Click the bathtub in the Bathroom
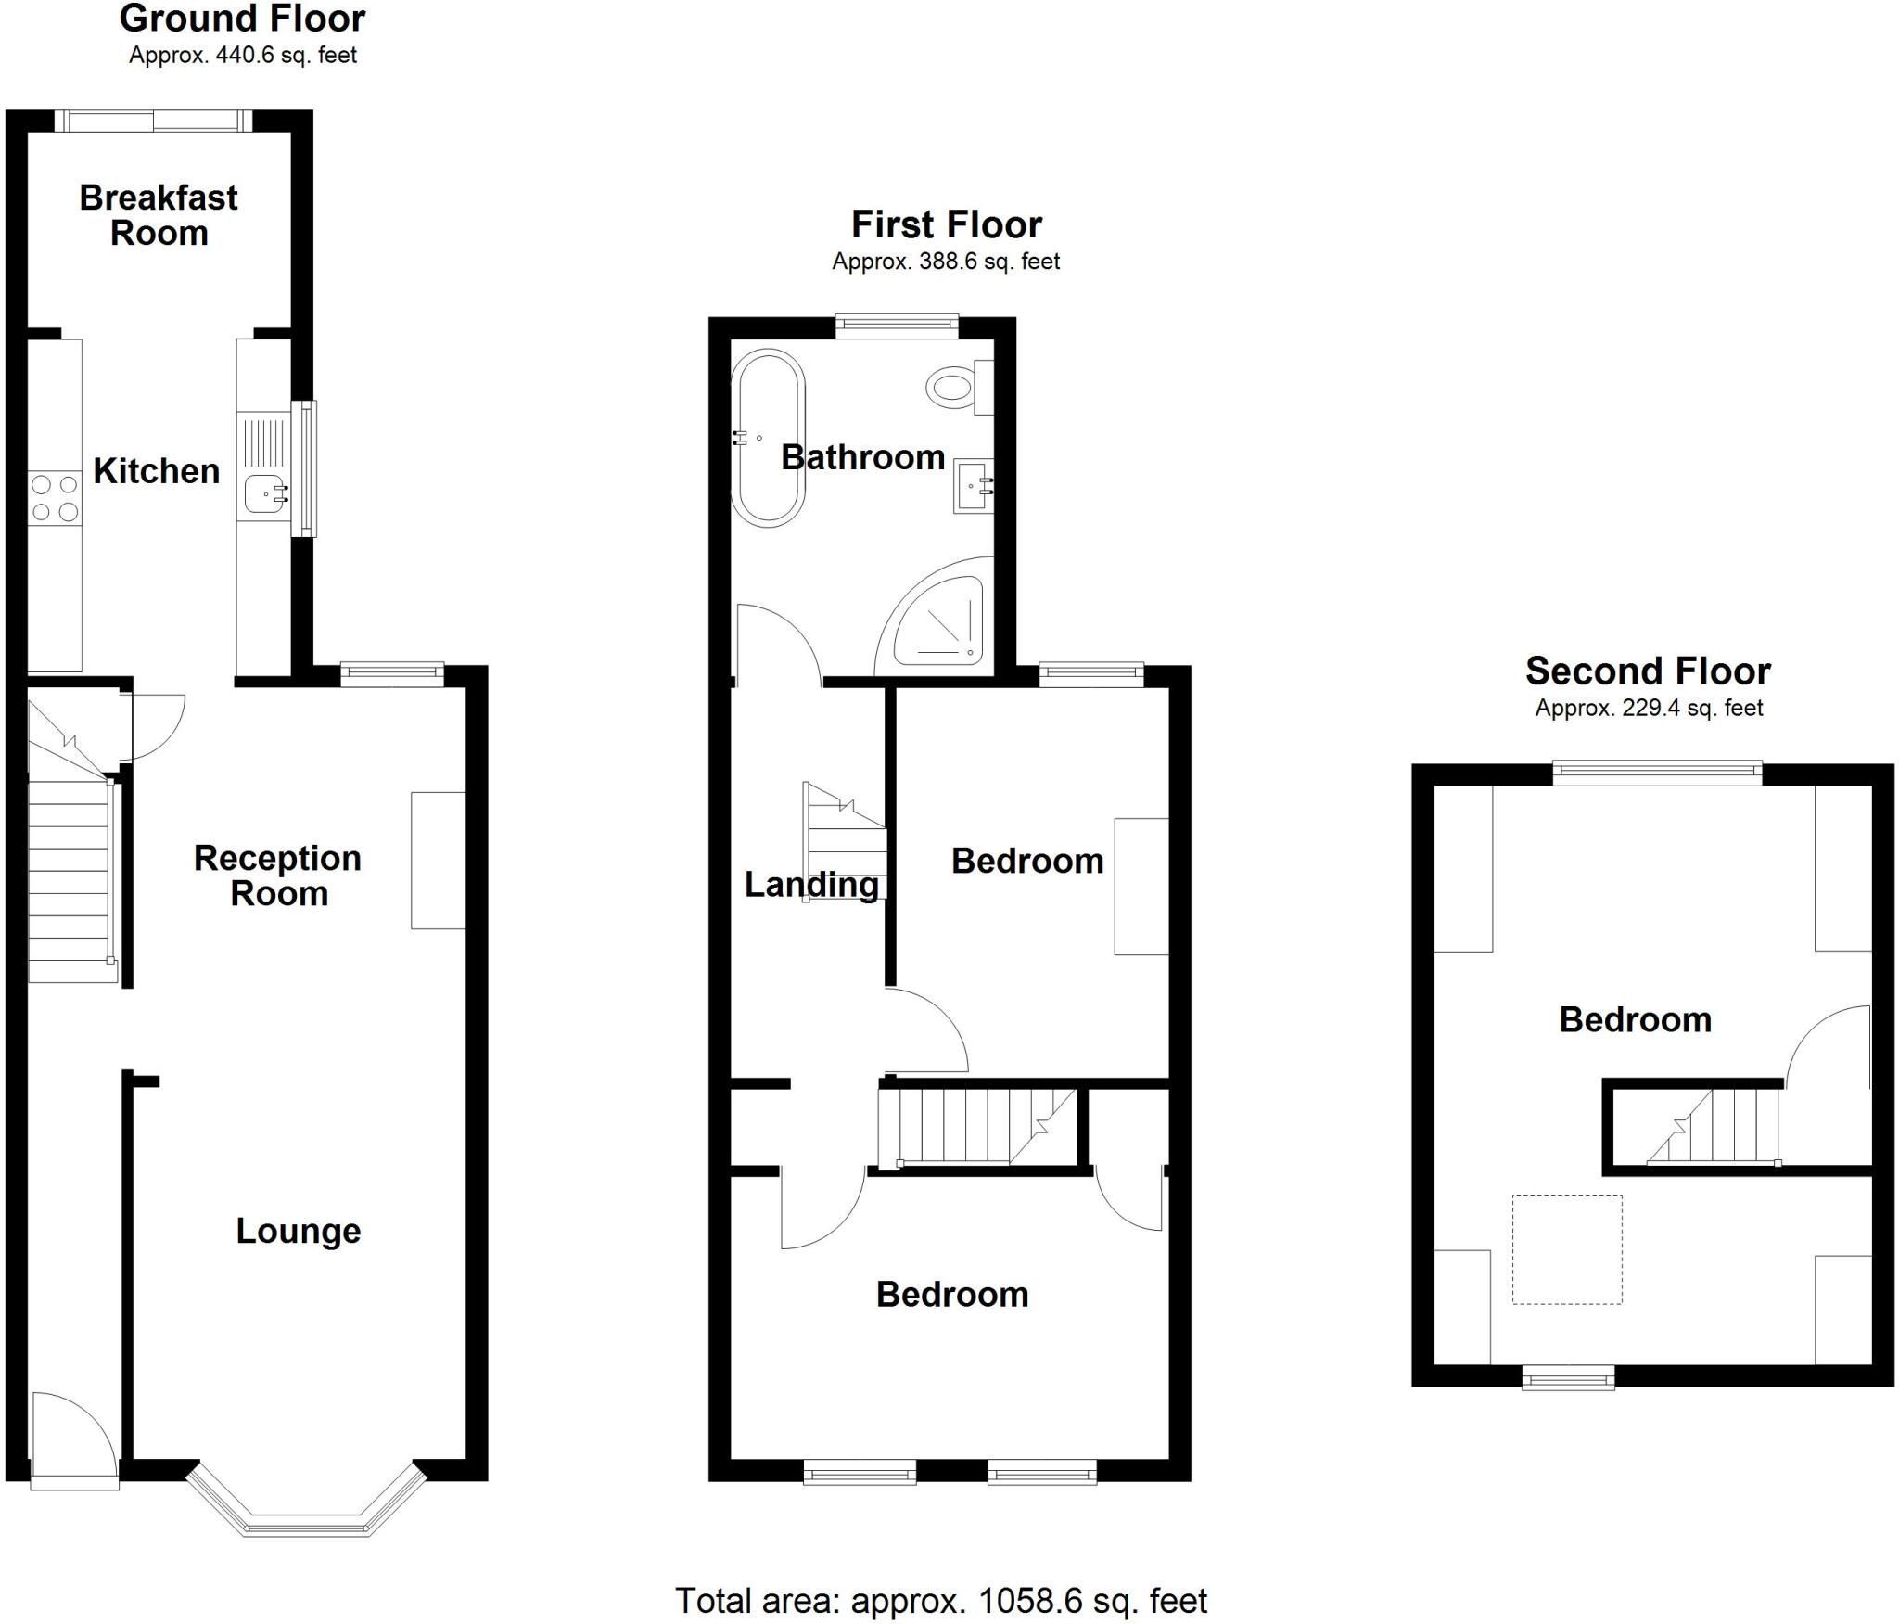tap(768, 439)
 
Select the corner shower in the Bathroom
tap(933, 617)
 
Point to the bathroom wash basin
tap(974, 485)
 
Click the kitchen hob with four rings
tap(55, 498)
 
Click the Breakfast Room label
tap(159, 215)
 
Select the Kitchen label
tap(157, 471)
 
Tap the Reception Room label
tap(277, 876)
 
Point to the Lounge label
tap(299, 1231)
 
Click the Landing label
tap(811, 885)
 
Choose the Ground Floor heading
tap(243, 19)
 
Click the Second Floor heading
tap(1648, 671)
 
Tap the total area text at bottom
tap(941, 1601)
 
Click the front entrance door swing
tap(74, 1440)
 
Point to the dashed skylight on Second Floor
tap(1567, 1249)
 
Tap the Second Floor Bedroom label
tap(1635, 1019)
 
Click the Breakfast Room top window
tap(153, 121)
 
